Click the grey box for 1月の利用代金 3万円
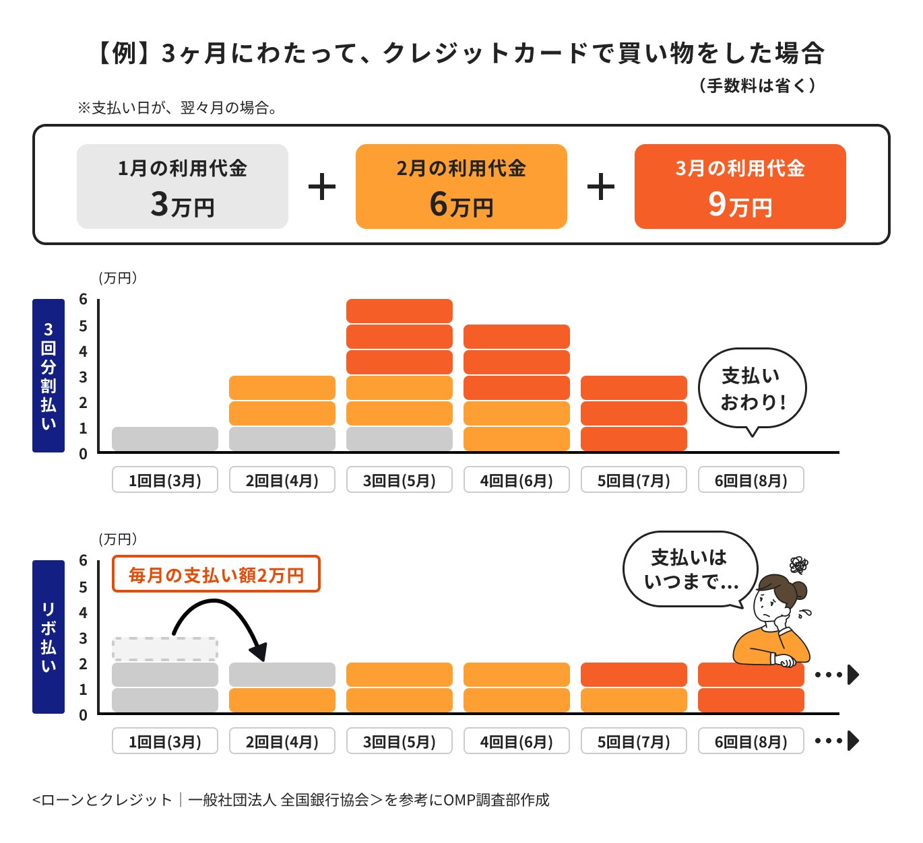182,187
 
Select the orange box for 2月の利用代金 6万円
461,187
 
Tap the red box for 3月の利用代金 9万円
740,187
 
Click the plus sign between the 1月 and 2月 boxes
322,187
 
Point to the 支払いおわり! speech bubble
752,389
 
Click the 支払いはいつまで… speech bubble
689,570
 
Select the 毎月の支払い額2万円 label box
216,574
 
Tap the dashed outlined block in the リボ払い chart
164,648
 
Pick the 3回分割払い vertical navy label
49,375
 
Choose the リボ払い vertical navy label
49,636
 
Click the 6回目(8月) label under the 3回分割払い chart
751,480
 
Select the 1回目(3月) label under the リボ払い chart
164,741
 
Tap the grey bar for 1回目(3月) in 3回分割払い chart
164,439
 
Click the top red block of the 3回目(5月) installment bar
399,311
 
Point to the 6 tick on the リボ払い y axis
83,561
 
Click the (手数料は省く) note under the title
757,86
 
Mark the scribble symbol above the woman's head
798,564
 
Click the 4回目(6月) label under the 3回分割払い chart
516,480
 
